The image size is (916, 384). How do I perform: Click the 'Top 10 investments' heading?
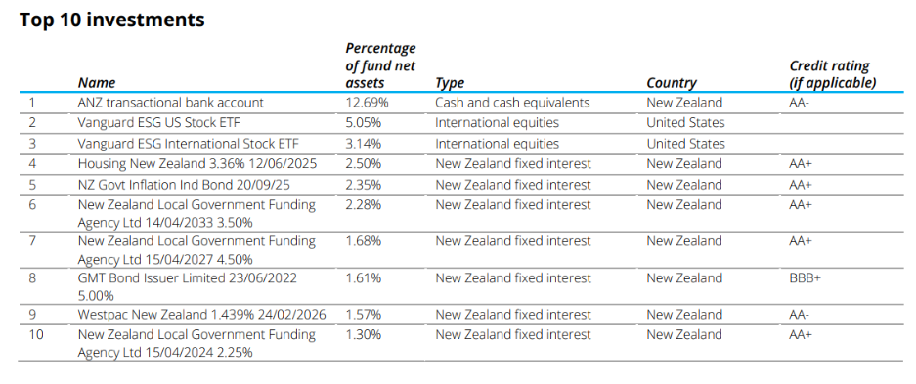pos(112,20)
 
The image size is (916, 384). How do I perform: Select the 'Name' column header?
pos(97,83)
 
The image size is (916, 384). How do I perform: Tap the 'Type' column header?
pos(450,83)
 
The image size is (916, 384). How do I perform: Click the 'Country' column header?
pos(672,83)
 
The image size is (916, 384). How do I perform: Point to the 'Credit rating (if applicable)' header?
pos(832,74)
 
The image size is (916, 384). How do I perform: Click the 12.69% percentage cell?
pos(368,103)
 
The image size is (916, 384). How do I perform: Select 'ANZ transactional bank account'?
pos(171,103)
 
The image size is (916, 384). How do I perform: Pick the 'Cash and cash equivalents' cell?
pos(512,103)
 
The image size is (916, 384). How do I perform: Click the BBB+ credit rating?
pos(805,278)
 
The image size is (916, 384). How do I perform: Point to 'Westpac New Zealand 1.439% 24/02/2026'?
pos(201,315)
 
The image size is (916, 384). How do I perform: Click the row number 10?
pos(35,335)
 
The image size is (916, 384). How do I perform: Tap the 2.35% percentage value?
pos(366,185)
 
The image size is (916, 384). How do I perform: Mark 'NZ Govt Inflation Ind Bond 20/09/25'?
pos(183,185)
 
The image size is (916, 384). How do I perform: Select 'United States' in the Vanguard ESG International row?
pos(685,144)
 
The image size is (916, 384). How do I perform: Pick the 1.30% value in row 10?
pos(366,335)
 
